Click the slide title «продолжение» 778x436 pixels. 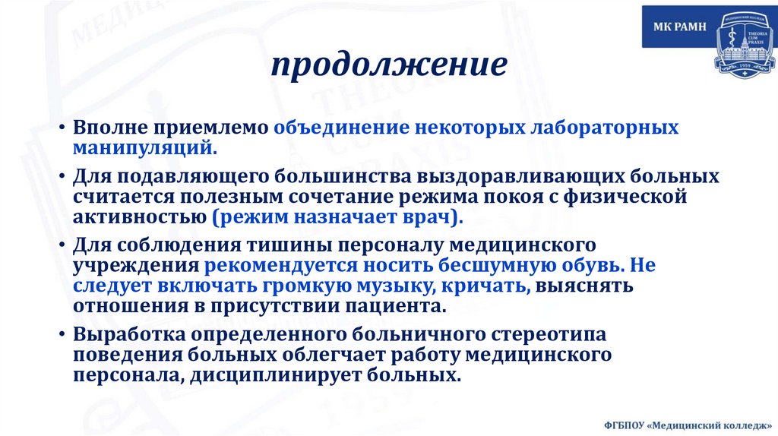point(389,66)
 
